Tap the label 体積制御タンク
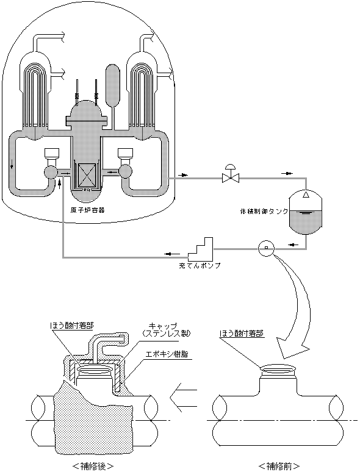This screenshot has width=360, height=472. coord(264,211)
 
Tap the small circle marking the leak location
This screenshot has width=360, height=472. coord(266,248)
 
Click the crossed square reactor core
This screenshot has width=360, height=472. coord(87,176)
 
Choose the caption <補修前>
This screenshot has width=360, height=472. coord(279,467)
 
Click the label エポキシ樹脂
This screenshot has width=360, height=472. coord(167,354)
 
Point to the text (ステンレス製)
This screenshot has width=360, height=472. coord(167,334)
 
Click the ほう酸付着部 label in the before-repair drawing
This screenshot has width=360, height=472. coord(242,333)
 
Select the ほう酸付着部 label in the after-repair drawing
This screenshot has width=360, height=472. coord(72,326)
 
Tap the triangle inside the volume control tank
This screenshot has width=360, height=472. coord(306,195)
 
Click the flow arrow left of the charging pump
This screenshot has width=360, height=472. coord(173,254)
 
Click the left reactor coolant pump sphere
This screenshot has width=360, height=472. coord(50,172)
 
